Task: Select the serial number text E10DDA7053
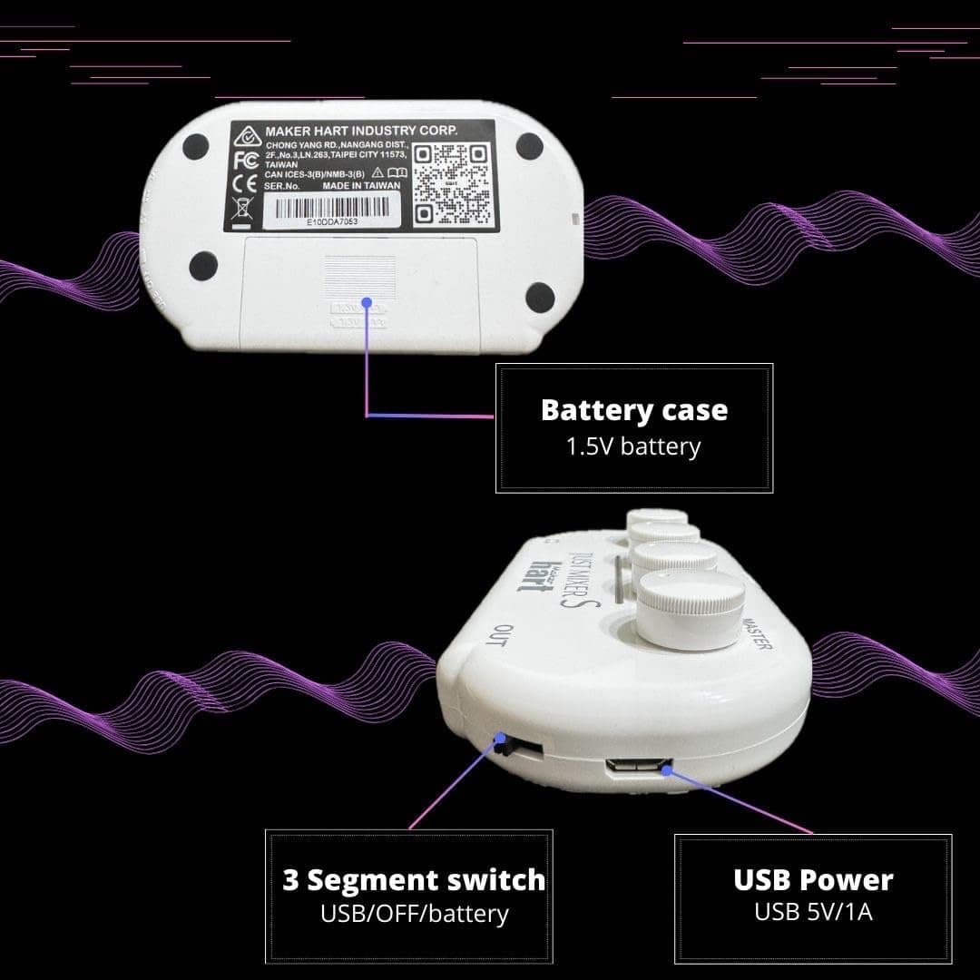pyautogui.click(x=333, y=220)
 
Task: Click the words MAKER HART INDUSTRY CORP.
pyautogui.click(x=361, y=132)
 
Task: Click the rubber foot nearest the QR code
pyautogui.click(x=529, y=145)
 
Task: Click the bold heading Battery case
pyautogui.click(x=633, y=410)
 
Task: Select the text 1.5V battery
pyautogui.click(x=633, y=446)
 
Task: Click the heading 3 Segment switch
pyautogui.click(x=414, y=880)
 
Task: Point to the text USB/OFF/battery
pyautogui.click(x=414, y=913)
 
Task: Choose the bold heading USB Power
pyautogui.click(x=813, y=879)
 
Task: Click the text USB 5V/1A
pyautogui.click(x=813, y=911)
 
